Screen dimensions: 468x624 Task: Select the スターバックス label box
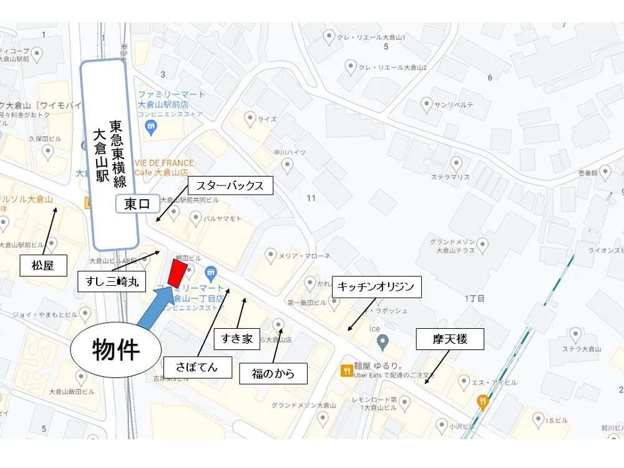pyautogui.click(x=230, y=186)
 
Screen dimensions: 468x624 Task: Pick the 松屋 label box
pyautogui.click(x=43, y=265)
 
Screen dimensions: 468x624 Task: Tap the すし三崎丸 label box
pyautogui.click(x=112, y=282)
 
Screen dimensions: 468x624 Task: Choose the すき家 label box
pyautogui.click(x=237, y=339)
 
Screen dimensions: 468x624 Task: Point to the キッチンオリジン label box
pyautogui.click(x=376, y=287)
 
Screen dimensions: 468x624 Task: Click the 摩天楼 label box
pyautogui.click(x=450, y=340)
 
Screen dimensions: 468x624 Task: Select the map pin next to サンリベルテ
pyautogui.click(x=427, y=104)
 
